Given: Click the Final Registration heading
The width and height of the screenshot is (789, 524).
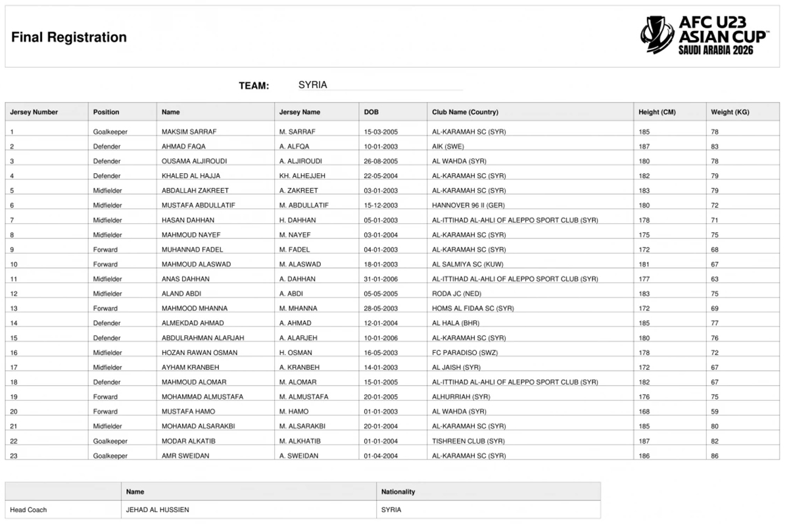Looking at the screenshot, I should coord(68,38).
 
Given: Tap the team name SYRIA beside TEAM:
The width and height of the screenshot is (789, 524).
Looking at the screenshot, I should coord(312,85).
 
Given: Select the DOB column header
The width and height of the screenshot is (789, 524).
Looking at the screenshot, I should coord(371,112).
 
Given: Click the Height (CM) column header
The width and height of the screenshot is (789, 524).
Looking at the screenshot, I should coord(657,112).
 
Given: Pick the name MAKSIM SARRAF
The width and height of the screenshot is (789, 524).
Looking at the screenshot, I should coord(189,132).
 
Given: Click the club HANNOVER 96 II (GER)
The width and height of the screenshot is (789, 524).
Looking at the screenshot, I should coord(468,205).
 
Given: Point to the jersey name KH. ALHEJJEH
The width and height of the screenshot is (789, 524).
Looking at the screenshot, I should coord(302,176).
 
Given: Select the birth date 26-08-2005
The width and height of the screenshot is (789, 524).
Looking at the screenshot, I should coord(381,161).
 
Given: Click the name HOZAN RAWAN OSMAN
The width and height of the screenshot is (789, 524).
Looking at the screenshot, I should coord(199,353).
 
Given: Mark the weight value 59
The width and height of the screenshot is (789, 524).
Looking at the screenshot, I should coord(715,411).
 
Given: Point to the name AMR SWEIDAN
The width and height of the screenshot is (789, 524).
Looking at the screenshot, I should coord(185,456).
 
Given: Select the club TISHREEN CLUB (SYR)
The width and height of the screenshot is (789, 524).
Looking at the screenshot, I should coord(468,441).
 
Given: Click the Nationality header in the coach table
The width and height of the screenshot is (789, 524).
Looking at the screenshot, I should coord(398,492).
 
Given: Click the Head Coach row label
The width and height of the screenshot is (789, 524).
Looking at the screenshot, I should coord(28,510).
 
